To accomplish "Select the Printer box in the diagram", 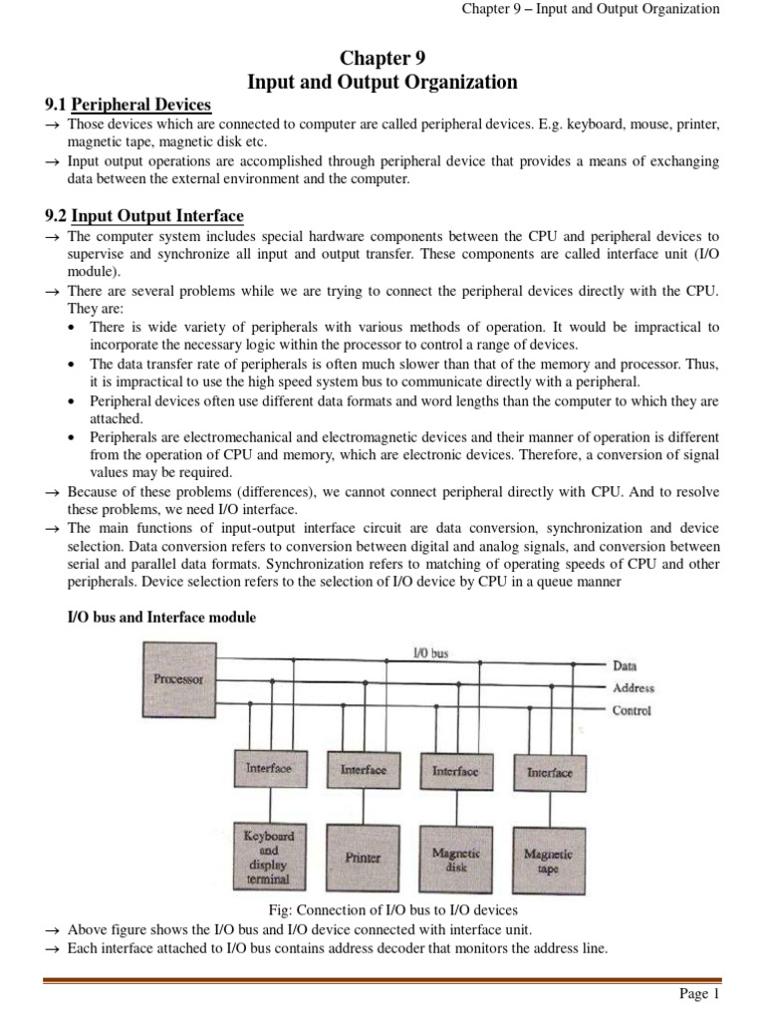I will pyautogui.click(x=363, y=857).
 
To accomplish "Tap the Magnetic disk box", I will pyautogui.click(x=455, y=857).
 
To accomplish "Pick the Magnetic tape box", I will pyautogui.click(x=548, y=857).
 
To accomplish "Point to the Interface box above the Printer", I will pyautogui.click(x=363, y=770).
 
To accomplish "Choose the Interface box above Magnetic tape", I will pyautogui.click(x=549, y=771).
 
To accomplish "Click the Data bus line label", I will pyautogui.click(x=627, y=664).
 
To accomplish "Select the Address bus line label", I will pyautogui.click(x=634, y=687).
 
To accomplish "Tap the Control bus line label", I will pyautogui.click(x=632, y=710).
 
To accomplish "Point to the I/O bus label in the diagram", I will pyautogui.click(x=430, y=653).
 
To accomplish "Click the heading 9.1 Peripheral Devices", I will pyautogui.click(x=127, y=106).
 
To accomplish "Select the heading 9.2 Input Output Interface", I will pyautogui.click(x=144, y=216).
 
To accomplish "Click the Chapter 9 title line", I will pyautogui.click(x=382, y=58).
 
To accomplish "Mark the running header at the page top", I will pyautogui.click(x=590, y=9).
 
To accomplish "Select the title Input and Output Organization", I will pyautogui.click(x=382, y=83).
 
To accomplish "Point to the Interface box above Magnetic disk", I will pyautogui.click(x=455, y=771).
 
